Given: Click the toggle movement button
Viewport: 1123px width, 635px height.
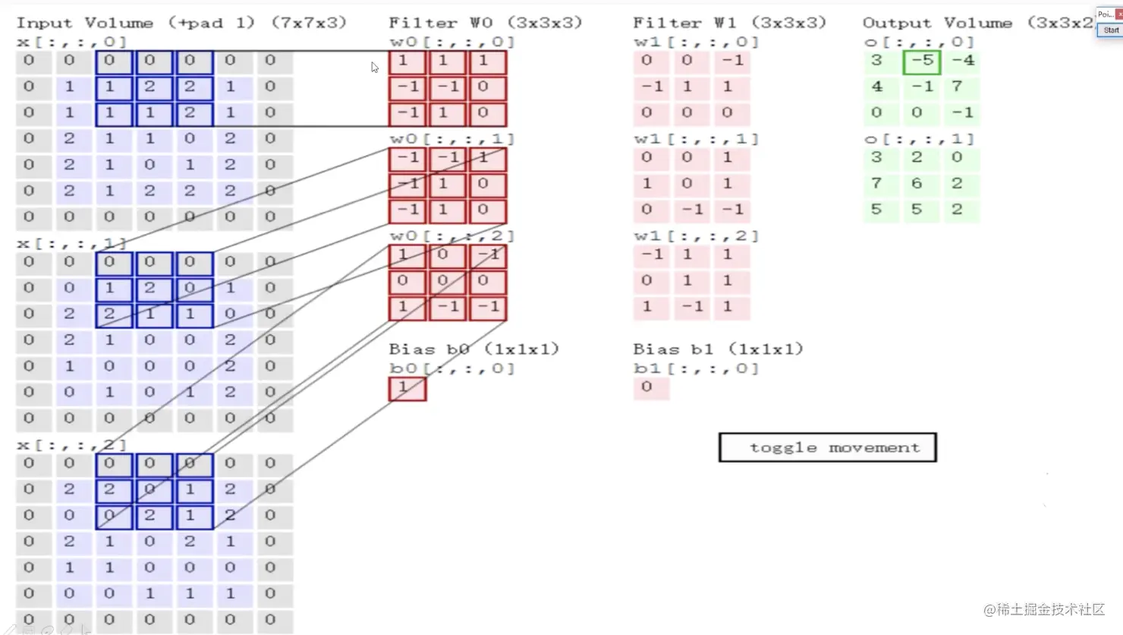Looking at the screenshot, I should [827, 447].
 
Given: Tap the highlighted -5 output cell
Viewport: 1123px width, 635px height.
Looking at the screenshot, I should [922, 61].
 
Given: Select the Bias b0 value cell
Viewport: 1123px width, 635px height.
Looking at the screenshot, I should [407, 388].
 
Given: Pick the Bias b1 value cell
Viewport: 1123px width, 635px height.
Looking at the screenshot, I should [651, 387].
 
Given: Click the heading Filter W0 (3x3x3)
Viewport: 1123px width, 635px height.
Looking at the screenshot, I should [486, 23].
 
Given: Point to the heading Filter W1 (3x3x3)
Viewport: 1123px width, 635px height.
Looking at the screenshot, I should [729, 23].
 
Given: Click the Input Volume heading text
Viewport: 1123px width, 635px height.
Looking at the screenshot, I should [181, 23].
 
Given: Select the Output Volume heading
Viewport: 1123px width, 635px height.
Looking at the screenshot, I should [978, 23].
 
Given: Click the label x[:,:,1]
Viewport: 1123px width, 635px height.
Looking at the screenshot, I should [72, 244].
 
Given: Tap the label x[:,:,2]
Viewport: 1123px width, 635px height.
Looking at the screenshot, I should [72, 445].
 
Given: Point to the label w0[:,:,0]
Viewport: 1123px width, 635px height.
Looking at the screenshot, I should [452, 43].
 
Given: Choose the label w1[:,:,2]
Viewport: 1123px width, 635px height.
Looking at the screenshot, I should [697, 236].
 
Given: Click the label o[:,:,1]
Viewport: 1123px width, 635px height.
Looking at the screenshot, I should [919, 139].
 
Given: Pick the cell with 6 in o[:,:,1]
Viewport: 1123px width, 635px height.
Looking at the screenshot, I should [917, 184].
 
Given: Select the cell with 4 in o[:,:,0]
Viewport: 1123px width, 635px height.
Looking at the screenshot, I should [877, 87].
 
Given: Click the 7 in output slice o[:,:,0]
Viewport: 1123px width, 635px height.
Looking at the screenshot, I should [958, 87].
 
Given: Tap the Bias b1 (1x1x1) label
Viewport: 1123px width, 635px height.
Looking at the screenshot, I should [718, 349].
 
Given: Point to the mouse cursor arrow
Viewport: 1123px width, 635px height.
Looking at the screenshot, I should [375, 67].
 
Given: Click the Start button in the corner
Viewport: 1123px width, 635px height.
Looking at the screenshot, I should [1111, 30].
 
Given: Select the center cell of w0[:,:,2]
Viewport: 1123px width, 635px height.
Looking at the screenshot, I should [447, 281].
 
